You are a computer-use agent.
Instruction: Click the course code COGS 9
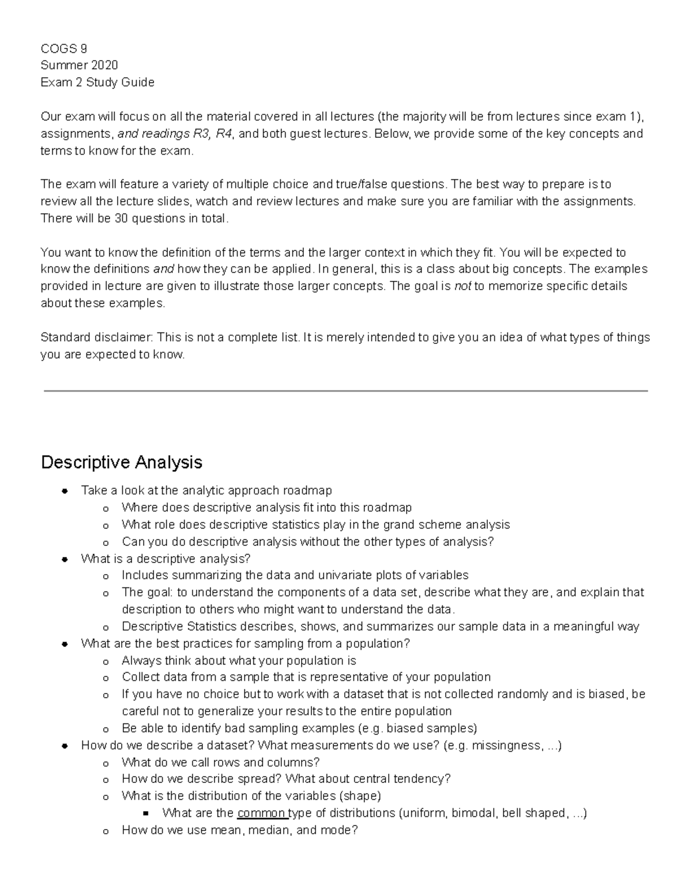[63, 48]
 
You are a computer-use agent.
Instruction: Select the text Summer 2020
[79, 65]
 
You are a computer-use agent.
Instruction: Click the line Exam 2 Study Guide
[97, 83]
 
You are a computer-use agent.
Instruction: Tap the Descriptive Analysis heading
[122, 462]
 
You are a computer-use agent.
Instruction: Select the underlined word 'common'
[261, 813]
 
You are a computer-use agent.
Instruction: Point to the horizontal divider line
[346, 391]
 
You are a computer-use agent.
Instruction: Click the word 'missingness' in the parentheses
[507, 745]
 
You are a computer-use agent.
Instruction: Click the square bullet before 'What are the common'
[145, 814]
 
